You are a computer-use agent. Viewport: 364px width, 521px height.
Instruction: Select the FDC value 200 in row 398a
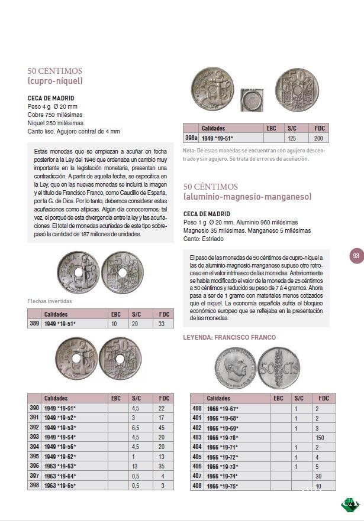(x=318, y=138)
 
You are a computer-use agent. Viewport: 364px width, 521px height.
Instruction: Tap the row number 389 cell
(x=34, y=324)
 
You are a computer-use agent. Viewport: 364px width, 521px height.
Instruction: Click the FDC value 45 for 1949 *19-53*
(x=162, y=427)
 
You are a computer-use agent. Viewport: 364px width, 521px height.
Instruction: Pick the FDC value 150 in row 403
(x=320, y=437)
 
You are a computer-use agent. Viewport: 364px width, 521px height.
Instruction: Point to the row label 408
(x=197, y=485)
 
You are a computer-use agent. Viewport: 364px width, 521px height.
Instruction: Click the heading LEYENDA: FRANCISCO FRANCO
(x=230, y=337)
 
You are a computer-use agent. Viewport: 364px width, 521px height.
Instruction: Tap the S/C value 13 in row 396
(x=136, y=465)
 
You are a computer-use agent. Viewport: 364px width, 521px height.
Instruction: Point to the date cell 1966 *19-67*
(x=223, y=408)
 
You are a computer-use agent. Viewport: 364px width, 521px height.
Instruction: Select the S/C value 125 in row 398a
(x=291, y=138)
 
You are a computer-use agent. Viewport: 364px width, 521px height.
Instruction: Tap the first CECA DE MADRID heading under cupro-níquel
(x=51, y=98)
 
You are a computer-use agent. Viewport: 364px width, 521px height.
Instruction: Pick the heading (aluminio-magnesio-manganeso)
(x=247, y=196)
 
